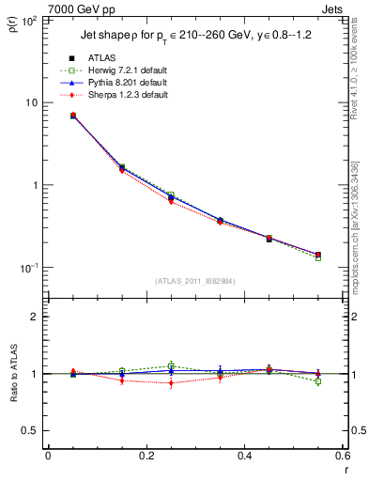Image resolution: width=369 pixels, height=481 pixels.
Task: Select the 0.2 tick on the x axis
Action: [x=146, y=457]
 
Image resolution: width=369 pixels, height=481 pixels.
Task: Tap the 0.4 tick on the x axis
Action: [x=244, y=457]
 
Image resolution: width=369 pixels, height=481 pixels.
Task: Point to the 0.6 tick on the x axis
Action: [x=342, y=457]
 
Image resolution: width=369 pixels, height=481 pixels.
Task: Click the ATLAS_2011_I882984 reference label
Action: [x=195, y=280]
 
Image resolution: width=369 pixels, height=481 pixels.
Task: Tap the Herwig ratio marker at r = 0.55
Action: [x=318, y=381]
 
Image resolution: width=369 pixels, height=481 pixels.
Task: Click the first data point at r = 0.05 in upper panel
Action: [x=73, y=116]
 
